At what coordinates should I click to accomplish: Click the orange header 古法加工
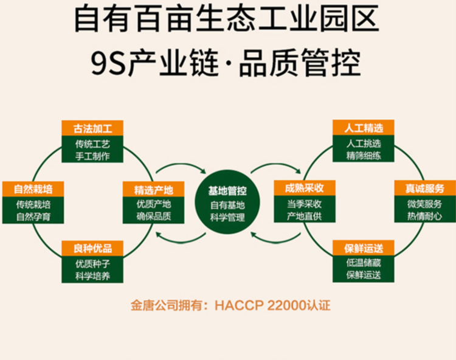point(92,128)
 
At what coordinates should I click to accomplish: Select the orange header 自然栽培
point(32,189)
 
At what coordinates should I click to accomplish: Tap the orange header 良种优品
point(92,249)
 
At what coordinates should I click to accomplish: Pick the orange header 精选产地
point(153,189)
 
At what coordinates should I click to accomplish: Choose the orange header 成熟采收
point(303,189)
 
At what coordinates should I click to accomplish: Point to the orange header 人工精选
point(363,128)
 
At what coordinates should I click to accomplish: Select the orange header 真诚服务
point(424,189)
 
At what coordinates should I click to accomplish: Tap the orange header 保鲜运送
point(363,249)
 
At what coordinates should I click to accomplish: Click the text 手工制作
point(92,155)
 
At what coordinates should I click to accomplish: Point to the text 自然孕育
point(32,216)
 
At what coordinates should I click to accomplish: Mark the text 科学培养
point(92,275)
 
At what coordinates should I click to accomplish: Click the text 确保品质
point(153,216)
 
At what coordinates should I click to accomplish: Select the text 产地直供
point(303,216)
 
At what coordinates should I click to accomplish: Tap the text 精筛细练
point(363,155)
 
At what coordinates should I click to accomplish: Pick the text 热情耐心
point(424,216)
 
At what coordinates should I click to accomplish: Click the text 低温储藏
point(363,263)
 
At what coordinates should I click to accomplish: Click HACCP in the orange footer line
point(237,305)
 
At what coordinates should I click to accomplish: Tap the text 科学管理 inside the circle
point(227,216)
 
